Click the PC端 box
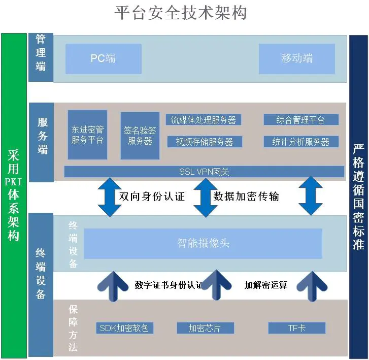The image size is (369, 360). (x=103, y=58)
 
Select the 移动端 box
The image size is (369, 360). (x=297, y=58)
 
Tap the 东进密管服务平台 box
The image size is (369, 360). (x=87, y=135)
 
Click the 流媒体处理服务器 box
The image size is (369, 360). (x=204, y=120)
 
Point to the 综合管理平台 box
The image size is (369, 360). (x=300, y=120)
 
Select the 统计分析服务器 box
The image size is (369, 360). (x=300, y=142)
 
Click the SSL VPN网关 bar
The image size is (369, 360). (x=204, y=172)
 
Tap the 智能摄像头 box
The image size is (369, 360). (x=203, y=243)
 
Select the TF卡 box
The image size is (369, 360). (x=296, y=328)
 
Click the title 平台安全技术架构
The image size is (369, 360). (x=181, y=13)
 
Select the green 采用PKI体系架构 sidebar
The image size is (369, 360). (x=14, y=195)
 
